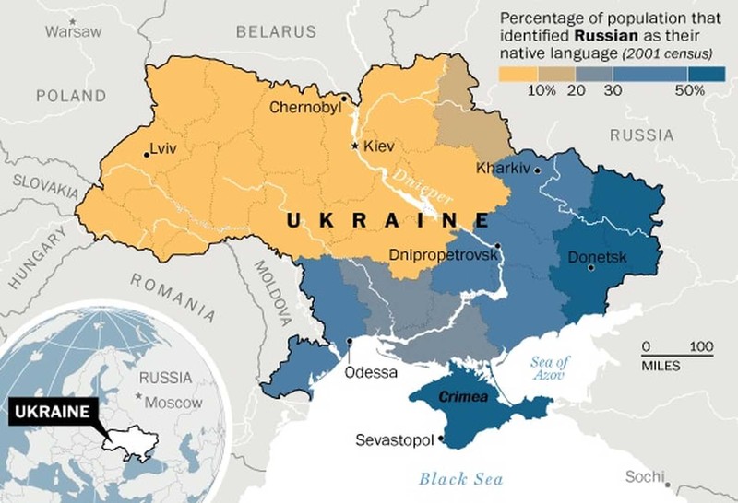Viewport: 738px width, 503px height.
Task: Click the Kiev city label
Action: [x=378, y=146]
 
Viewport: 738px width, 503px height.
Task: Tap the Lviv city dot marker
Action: [x=147, y=155]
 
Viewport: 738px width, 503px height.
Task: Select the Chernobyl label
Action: [x=305, y=108]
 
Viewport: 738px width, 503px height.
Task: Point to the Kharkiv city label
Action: [x=504, y=169]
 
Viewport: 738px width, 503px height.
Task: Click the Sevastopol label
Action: [x=394, y=440]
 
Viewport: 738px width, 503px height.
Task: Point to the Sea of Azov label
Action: [x=552, y=367]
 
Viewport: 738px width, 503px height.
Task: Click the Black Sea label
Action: [x=461, y=478]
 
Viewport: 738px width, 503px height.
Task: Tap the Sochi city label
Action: [x=644, y=476]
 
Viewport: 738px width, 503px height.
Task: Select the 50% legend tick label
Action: [x=689, y=90]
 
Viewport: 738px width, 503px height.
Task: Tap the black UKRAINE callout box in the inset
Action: [x=54, y=411]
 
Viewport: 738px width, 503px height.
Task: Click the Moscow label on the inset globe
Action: [x=177, y=403]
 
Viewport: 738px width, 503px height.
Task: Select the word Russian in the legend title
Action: [x=604, y=35]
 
